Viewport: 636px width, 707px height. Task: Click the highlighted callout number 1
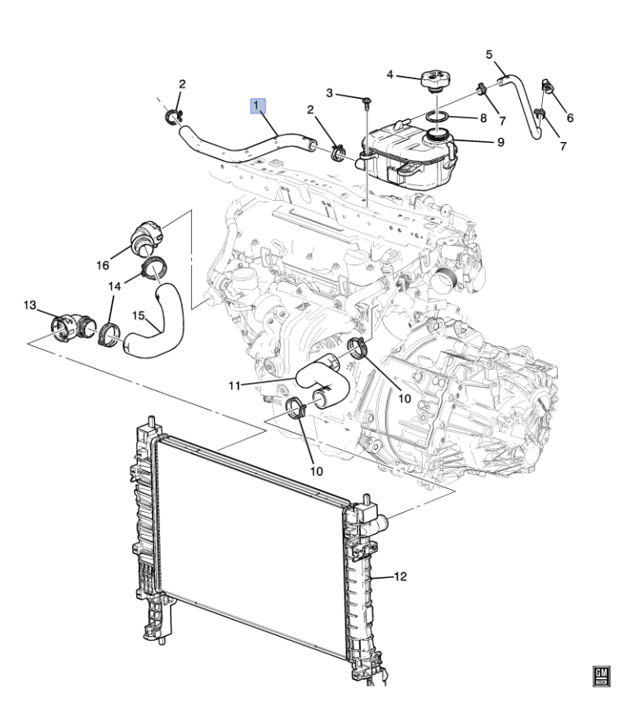(259, 106)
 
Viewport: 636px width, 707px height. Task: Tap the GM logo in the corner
(601, 676)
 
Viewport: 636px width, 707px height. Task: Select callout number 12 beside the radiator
(400, 576)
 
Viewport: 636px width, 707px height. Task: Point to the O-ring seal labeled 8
(438, 118)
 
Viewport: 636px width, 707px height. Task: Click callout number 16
(103, 265)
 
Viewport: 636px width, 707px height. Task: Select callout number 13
(29, 305)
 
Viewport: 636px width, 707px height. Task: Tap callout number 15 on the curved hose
(139, 315)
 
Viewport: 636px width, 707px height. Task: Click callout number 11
(234, 385)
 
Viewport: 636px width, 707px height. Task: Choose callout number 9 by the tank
(500, 142)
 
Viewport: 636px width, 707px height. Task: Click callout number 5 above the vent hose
(489, 55)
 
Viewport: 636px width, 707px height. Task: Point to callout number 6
(570, 118)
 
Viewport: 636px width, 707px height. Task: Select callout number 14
(114, 287)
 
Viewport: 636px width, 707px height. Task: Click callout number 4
(390, 75)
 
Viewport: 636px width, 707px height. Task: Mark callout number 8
(483, 118)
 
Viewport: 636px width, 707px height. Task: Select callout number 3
(329, 93)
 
